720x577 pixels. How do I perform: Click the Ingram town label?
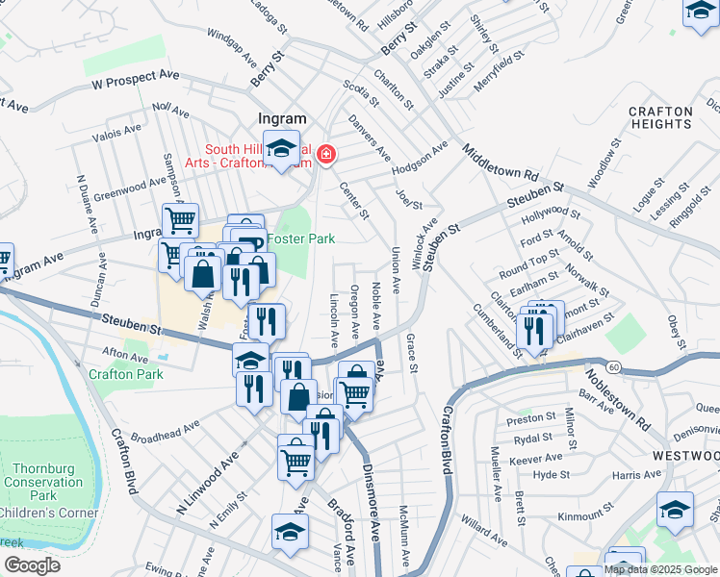[x=283, y=118]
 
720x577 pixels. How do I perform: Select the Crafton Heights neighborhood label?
[x=660, y=117]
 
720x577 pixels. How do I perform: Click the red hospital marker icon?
[x=326, y=153]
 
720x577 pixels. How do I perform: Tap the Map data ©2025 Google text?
[x=660, y=569]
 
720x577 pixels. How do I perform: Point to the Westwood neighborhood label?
[x=684, y=455]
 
